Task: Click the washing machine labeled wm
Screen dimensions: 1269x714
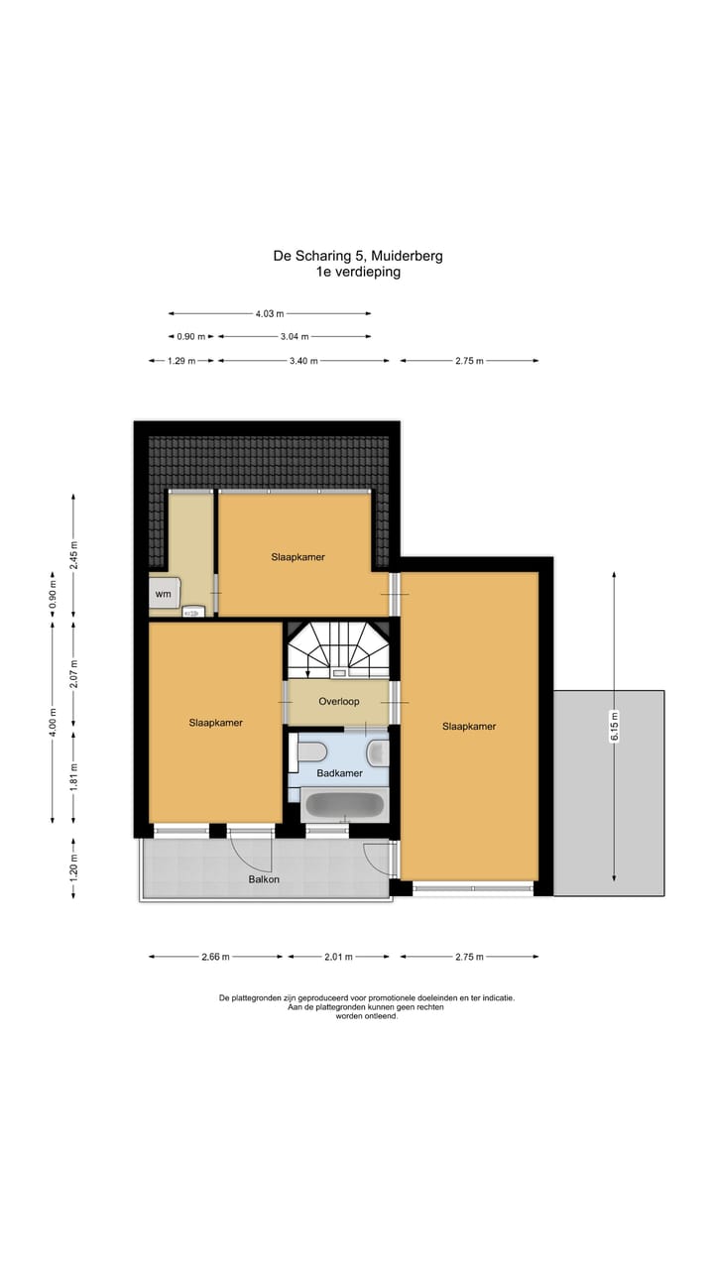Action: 164,594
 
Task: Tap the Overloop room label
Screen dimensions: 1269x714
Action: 338,701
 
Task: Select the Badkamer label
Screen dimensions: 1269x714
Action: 339,772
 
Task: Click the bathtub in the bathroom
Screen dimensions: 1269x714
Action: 343,804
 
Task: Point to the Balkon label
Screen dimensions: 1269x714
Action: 264,879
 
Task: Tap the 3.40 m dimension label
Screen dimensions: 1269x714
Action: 303,361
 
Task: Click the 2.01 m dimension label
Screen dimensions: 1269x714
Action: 337,957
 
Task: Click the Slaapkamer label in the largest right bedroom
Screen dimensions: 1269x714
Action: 469,727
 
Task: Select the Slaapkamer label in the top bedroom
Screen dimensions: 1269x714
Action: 297,557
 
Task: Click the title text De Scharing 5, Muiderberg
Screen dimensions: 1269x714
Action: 358,256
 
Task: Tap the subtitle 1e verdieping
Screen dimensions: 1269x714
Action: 358,272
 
